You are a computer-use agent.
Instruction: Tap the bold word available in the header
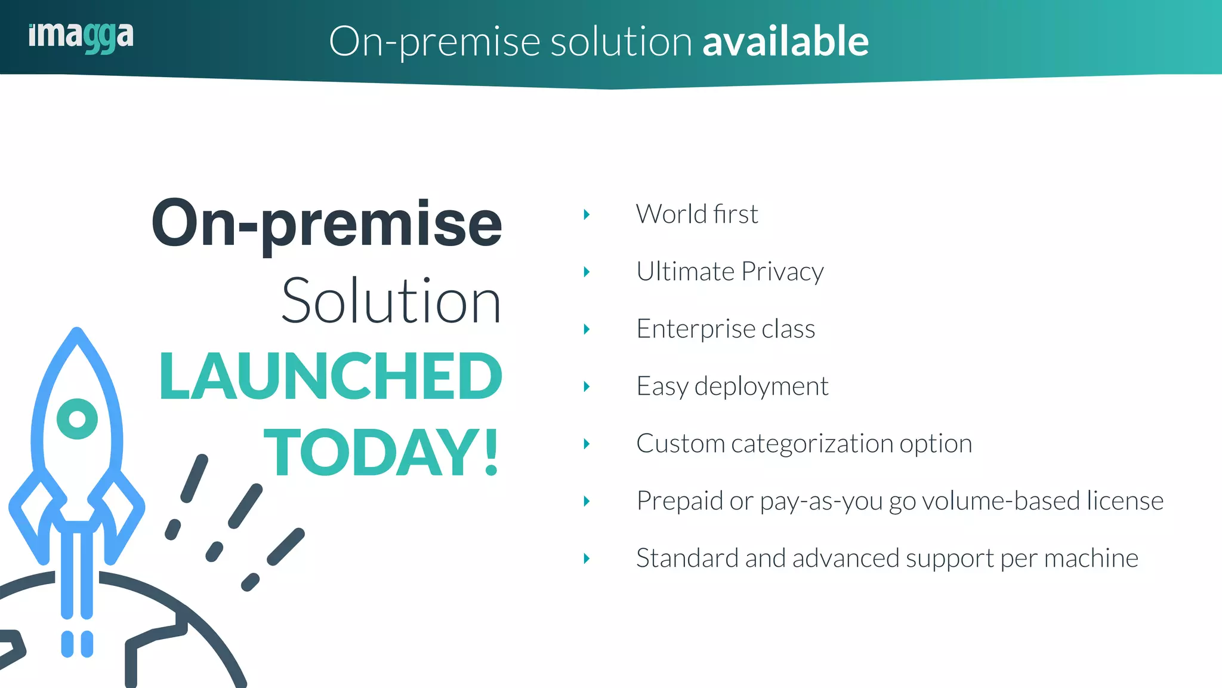click(785, 41)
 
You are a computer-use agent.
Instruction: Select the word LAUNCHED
click(331, 377)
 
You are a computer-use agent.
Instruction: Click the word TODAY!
click(381, 453)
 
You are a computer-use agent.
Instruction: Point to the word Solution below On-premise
click(391, 302)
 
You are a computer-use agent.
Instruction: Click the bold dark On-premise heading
click(327, 224)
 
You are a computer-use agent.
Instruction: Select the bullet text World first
click(697, 214)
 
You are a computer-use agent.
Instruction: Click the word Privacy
click(782, 272)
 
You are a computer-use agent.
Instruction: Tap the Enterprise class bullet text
click(726, 329)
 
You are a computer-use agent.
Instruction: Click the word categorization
click(811, 444)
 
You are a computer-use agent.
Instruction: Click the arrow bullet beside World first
click(587, 214)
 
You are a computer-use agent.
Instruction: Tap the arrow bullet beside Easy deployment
click(587, 386)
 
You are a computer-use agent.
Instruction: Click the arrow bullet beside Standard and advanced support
click(587, 558)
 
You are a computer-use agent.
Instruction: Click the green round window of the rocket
click(77, 419)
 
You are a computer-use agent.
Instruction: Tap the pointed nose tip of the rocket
click(77, 332)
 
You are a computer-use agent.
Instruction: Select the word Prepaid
click(679, 501)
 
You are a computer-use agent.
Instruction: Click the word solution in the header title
click(621, 42)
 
